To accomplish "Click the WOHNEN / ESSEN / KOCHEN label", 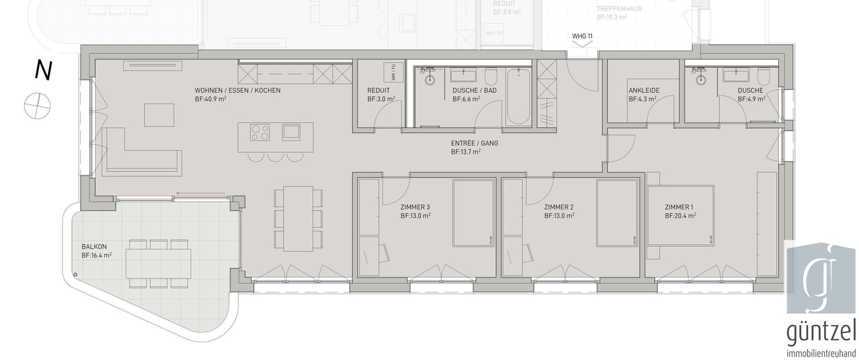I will [x=237, y=90].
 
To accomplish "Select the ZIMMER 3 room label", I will [x=415, y=207].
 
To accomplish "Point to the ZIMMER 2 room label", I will [x=559, y=207].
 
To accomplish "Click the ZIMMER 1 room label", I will [x=680, y=207].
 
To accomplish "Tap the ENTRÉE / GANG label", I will [x=466, y=143].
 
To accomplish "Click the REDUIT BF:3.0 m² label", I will [x=379, y=90].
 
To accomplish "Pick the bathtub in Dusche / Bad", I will [x=518, y=96].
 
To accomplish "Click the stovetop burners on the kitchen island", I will [x=261, y=133].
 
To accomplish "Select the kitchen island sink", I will [x=291, y=133].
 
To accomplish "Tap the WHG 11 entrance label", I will [x=582, y=36].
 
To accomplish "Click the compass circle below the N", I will [x=37, y=105].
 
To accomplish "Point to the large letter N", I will [x=42, y=70].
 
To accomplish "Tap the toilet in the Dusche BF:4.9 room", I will [x=764, y=77].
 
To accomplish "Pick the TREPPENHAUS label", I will [x=619, y=9].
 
